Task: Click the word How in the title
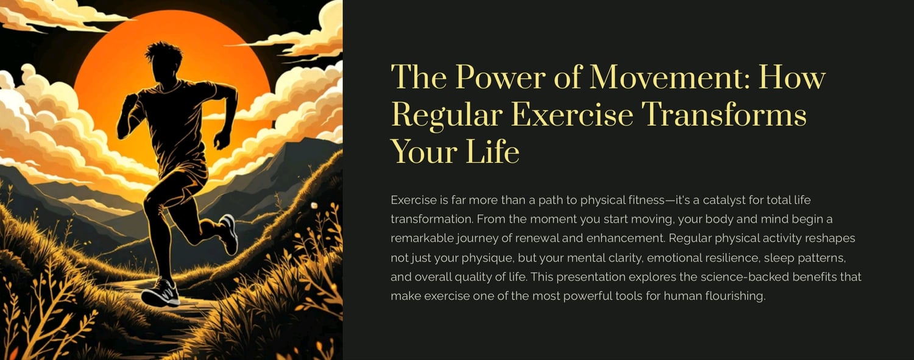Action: (792, 77)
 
